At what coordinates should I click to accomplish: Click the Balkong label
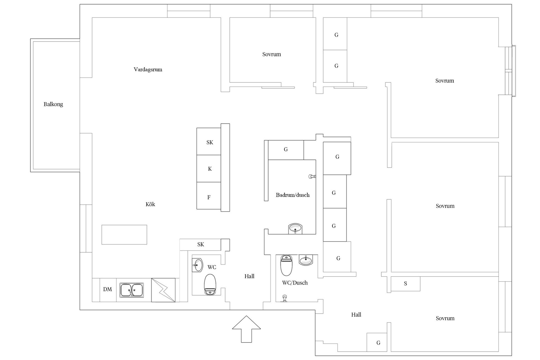pos(53,104)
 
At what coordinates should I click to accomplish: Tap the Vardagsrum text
pos(148,69)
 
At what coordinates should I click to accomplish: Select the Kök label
pos(150,204)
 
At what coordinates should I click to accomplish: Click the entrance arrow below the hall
pos(246,329)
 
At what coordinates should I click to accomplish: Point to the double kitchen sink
pos(132,290)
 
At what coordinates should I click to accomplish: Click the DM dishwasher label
pos(107,289)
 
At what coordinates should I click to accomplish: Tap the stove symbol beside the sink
pos(163,290)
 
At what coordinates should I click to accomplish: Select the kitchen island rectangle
pos(124,235)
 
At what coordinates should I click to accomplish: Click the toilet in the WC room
pos(210,284)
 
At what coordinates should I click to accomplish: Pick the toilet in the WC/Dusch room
pos(287,265)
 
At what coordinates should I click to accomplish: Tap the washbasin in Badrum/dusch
pos(295,228)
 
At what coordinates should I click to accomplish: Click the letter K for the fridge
pos(210,169)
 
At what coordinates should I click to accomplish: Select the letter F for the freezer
pos(209,197)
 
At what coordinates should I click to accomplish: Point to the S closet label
pos(405,283)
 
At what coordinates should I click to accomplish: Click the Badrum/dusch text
pos(293,195)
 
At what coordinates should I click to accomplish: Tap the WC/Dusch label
pos(295,283)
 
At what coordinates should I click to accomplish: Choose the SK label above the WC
pos(201,244)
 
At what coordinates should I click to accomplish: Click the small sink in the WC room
pos(197,265)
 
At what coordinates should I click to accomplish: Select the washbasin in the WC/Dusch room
pos(306,260)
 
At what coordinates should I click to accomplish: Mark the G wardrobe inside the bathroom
pos(286,149)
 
